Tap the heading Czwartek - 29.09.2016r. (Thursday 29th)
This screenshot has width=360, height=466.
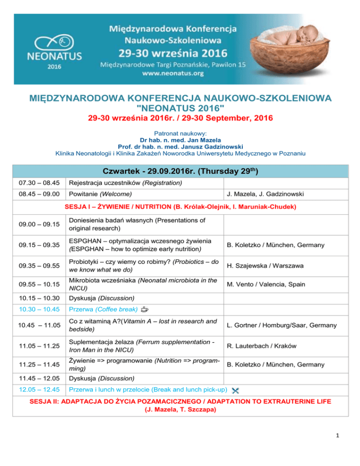tap(180, 169)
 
